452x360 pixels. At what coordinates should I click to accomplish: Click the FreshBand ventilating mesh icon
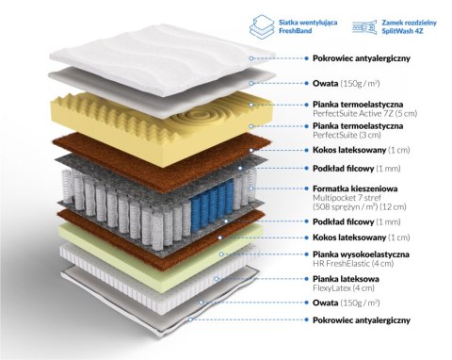click(x=262, y=26)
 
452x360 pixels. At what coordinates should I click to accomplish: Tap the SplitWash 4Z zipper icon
click(x=364, y=26)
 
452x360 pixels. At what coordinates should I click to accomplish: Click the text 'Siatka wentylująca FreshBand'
click(x=308, y=26)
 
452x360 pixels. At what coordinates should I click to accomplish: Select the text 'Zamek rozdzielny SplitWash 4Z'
click(x=409, y=26)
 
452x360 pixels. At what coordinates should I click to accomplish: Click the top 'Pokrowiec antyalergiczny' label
click(x=362, y=58)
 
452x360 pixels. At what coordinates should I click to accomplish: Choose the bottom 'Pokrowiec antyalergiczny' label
click(x=362, y=320)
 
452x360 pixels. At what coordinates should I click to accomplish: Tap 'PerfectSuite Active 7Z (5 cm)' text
click(x=364, y=113)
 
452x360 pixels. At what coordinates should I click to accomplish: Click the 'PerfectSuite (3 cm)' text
click(x=347, y=135)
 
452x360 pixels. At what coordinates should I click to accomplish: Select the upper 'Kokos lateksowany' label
click(x=349, y=150)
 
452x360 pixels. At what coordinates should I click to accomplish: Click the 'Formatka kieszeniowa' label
click(x=355, y=188)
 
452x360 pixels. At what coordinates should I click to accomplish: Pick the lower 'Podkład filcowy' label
click(x=343, y=221)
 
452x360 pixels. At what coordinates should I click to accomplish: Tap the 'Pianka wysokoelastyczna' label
click(x=361, y=254)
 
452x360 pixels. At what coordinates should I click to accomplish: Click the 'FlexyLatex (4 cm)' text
click(x=344, y=287)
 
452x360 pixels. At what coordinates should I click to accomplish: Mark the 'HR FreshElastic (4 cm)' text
click(x=353, y=263)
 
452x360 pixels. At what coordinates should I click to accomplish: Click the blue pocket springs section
click(x=212, y=204)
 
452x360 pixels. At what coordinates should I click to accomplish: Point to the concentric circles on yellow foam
click(x=201, y=118)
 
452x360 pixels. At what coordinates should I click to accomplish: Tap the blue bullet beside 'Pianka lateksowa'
click(x=306, y=278)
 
